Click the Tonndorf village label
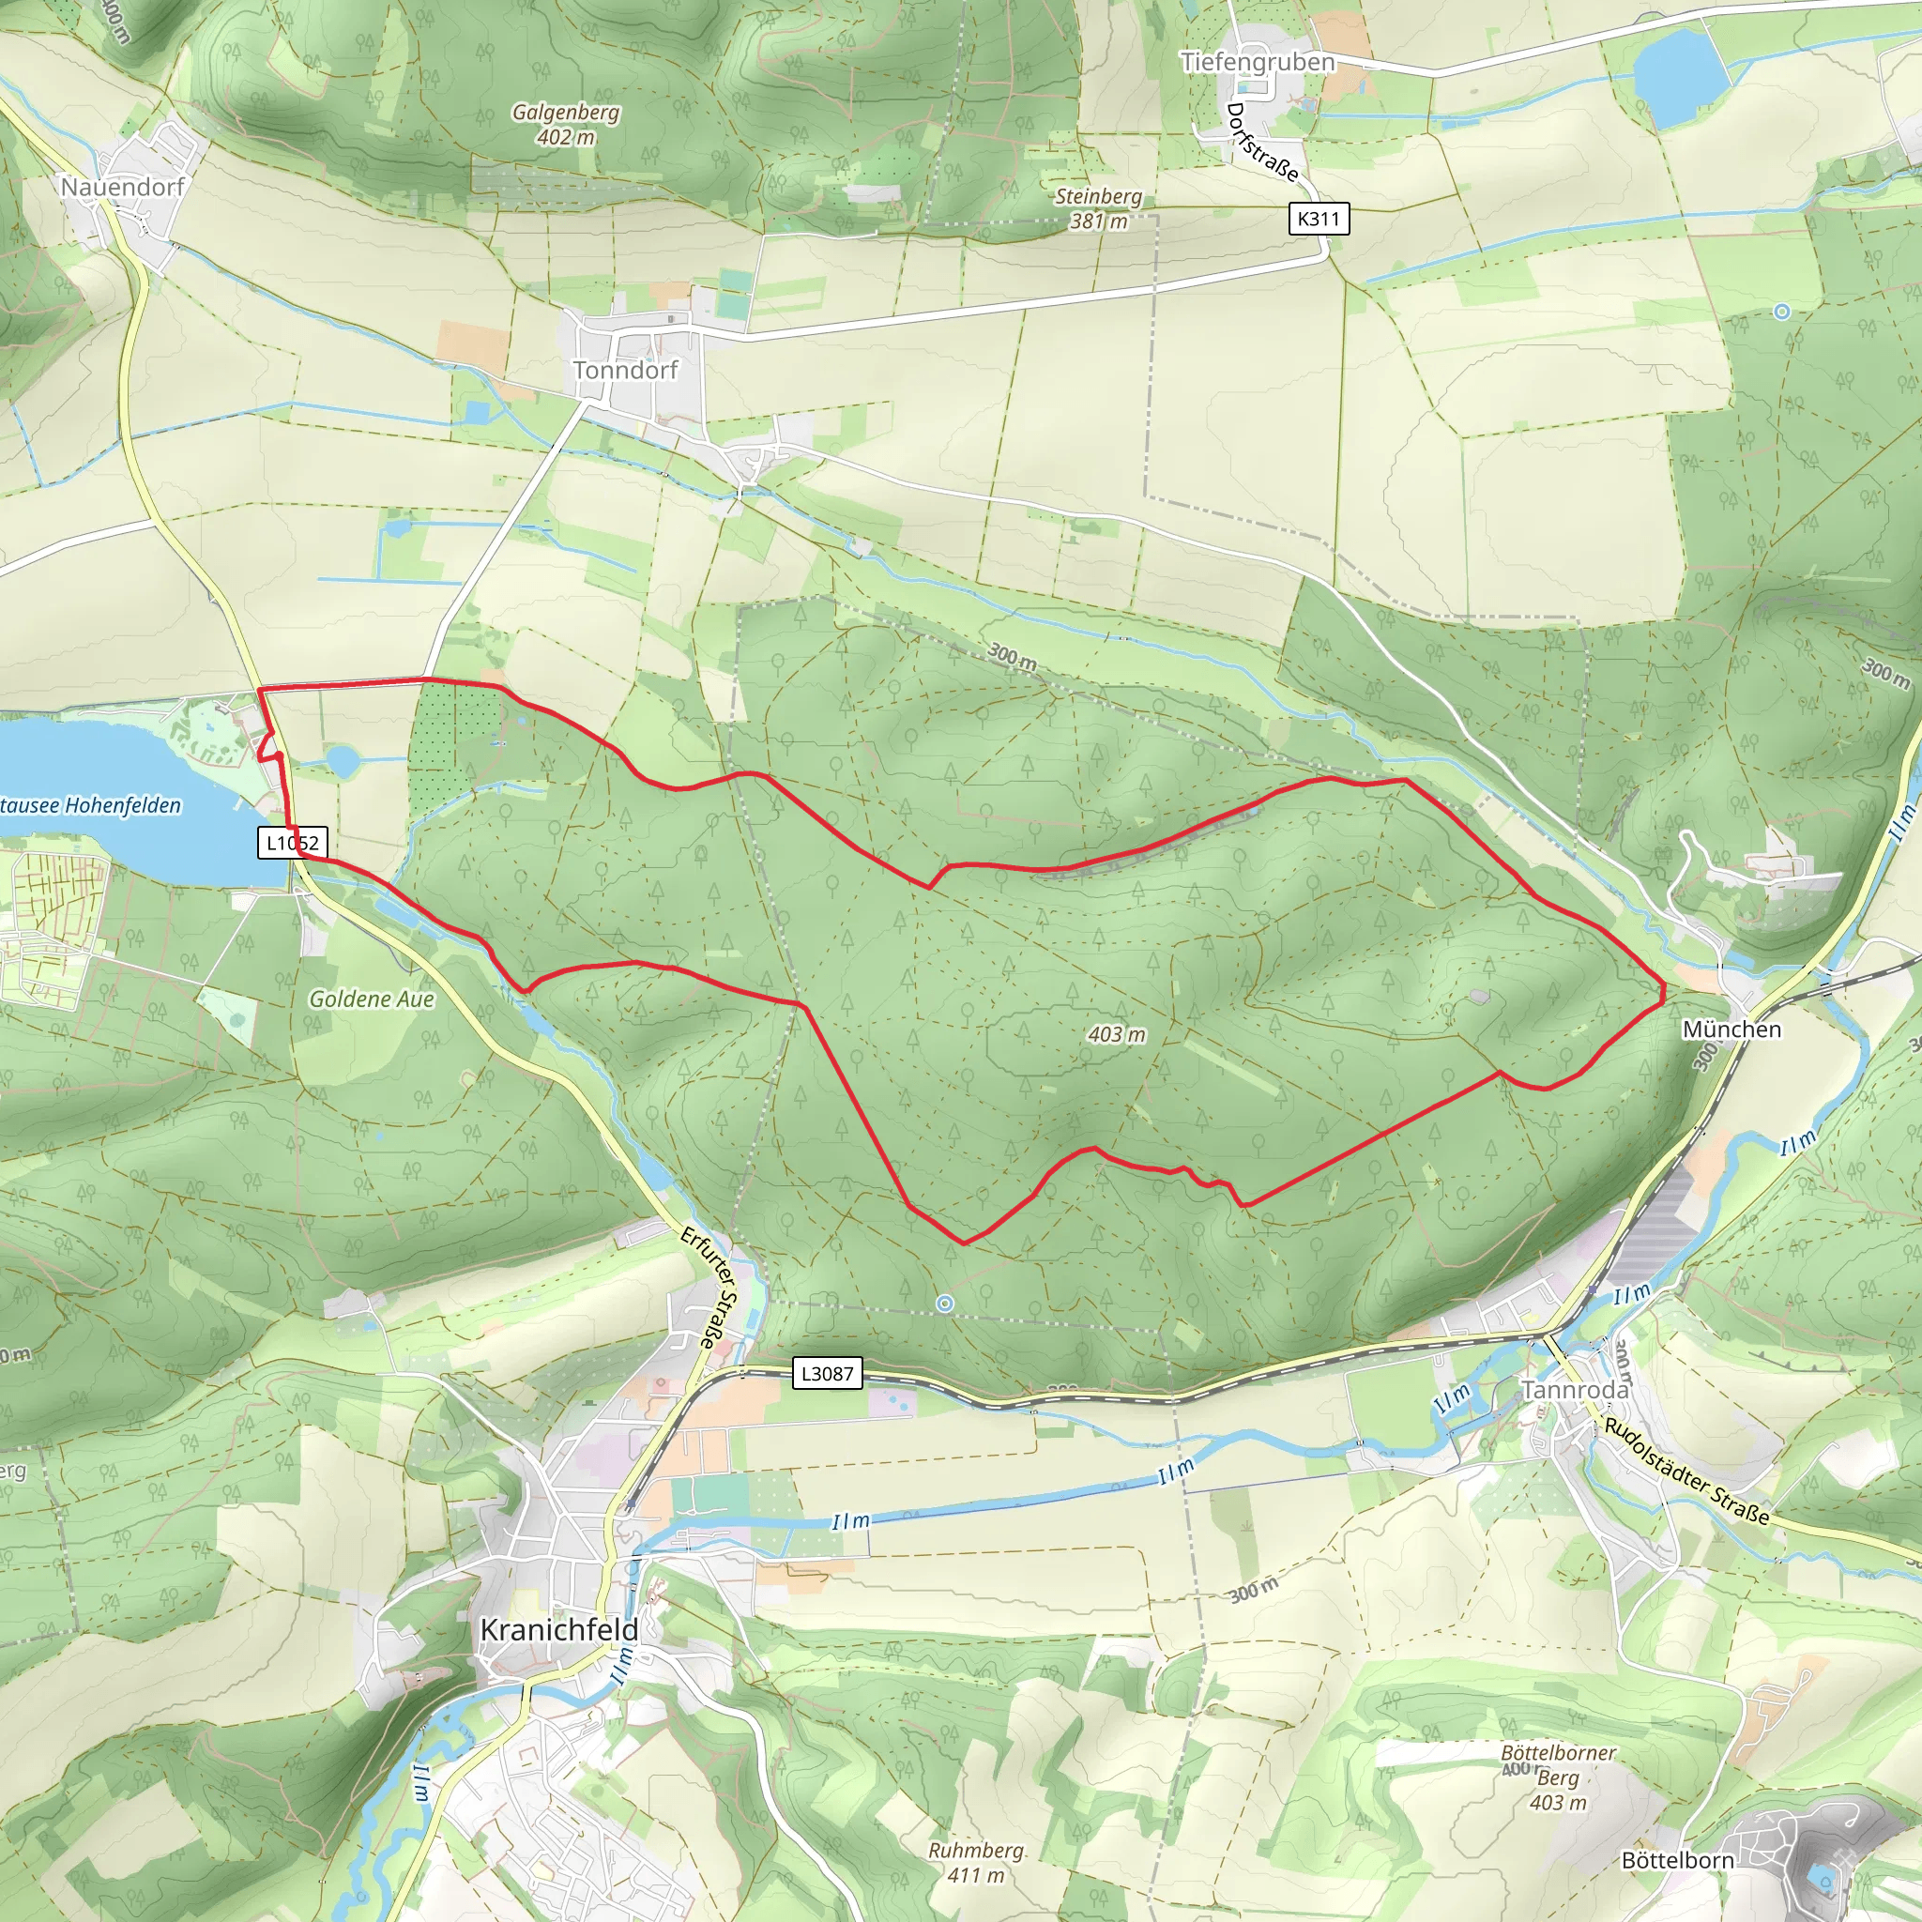pos(625,370)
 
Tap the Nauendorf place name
pos(122,187)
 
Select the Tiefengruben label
pos(1258,62)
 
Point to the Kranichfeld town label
pos(559,1629)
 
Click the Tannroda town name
pos(1575,1390)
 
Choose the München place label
pos(1732,1029)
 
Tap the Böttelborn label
pos(1677,1859)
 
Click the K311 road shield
pos(1319,218)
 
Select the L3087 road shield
pos(828,1374)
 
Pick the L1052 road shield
pos(293,844)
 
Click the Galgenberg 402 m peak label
pos(566,125)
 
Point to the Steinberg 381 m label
pos(1098,209)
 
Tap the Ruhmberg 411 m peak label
pos(976,1862)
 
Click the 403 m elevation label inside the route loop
pos(1116,1034)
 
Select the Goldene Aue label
pos(371,999)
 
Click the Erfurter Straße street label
pos(711,1287)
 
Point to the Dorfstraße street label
pos(1262,143)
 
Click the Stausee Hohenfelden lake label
pos(90,805)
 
